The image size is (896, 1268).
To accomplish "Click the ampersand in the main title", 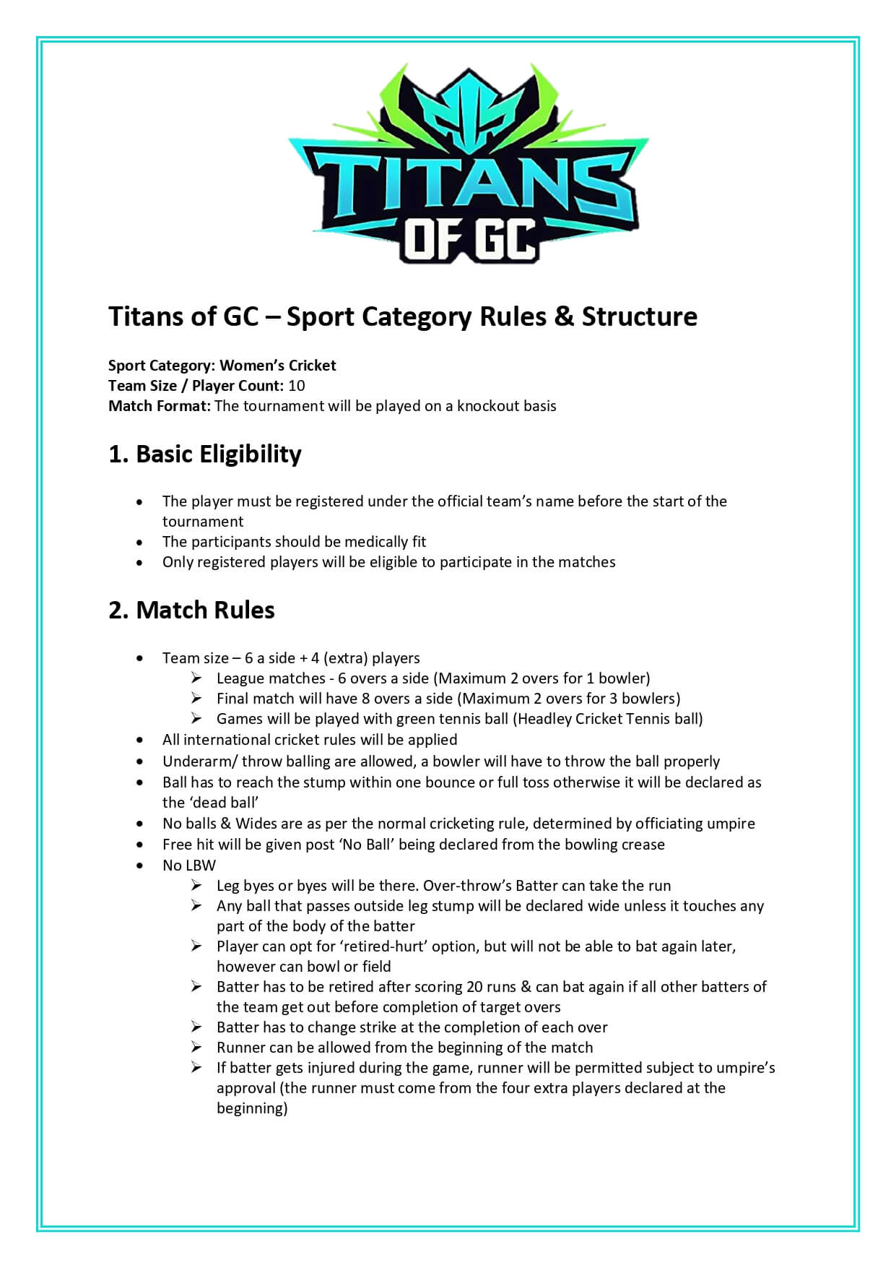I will [x=563, y=316].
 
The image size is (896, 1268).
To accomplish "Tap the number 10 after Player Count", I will [x=296, y=386].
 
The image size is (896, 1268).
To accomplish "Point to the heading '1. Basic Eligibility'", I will [x=204, y=454].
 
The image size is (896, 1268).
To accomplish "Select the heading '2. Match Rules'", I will [x=191, y=610].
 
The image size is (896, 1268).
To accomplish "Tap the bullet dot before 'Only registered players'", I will [x=139, y=563].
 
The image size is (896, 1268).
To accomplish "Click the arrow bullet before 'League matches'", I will [x=196, y=678].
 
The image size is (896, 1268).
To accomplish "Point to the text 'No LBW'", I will [x=188, y=866].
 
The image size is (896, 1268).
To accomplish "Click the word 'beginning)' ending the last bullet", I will [x=252, y=1108].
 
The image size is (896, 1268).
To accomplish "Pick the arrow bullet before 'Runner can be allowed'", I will [x=196, y=1048].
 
